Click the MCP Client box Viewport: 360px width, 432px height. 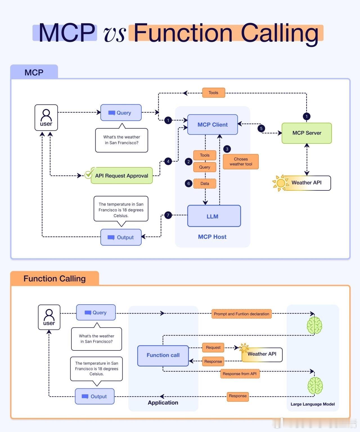point(212,125)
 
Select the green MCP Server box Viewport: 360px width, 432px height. point(307,133)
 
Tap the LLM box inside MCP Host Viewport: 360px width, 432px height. point(214,216)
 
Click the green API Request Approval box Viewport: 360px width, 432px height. point(121,176)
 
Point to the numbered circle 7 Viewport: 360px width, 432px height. point(168,215)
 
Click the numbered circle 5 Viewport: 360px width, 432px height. point(261,129)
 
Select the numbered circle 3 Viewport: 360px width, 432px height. point(227,149)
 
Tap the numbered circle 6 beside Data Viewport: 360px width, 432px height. point(188,184)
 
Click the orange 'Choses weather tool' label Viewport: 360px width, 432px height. point(241,162)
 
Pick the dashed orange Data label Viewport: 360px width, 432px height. point(205,184)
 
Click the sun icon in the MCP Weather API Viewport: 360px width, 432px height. point(280,183)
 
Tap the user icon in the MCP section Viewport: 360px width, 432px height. point(46,118)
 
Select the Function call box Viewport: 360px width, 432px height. point(163,355)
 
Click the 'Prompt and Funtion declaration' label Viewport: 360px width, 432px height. point(241,314)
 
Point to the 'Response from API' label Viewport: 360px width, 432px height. point(240,374)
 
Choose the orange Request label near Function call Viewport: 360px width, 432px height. point(213,348)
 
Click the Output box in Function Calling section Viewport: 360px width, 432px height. point(94,397)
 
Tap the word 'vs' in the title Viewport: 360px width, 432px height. point(114,34)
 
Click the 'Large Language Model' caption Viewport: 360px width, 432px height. point(312,404)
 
